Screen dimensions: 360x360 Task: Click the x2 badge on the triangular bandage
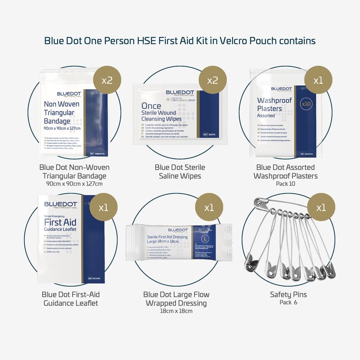107,81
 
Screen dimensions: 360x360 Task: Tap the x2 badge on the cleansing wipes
212,81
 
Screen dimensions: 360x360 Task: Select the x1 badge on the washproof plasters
318,81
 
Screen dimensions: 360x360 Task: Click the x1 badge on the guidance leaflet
103,208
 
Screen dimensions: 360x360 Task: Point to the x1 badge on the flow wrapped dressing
209,208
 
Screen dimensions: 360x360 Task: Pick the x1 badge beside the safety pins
320,208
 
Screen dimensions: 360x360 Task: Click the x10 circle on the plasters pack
306,103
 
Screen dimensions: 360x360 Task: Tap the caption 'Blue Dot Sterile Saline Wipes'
180,171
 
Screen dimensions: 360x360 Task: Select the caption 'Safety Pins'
288,294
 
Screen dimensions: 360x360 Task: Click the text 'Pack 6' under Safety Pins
288,302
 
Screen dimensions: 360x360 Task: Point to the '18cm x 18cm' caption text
176,311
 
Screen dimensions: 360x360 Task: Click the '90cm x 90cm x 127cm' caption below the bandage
74,184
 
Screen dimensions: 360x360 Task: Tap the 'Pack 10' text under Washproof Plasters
286,184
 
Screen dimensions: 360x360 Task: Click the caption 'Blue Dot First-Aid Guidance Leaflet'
71,298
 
